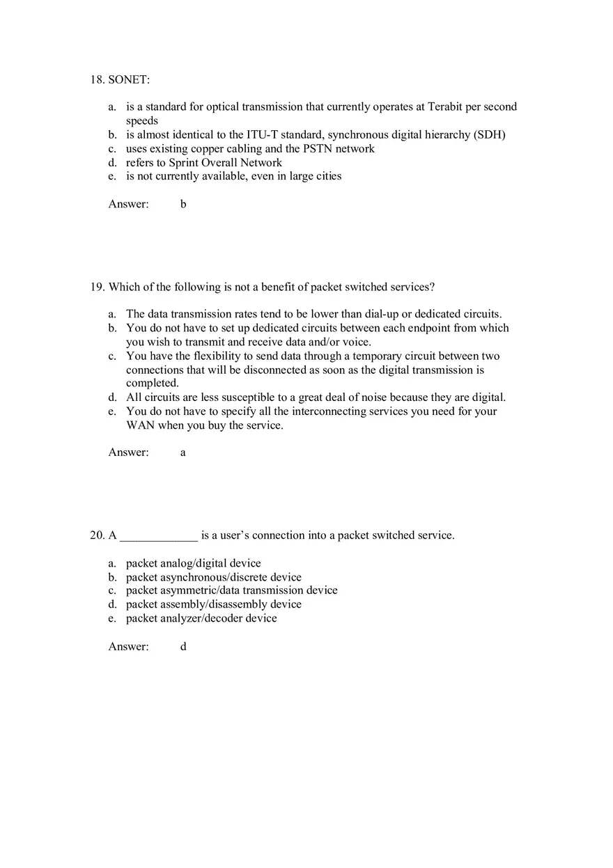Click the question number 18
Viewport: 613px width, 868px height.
click(97, 80)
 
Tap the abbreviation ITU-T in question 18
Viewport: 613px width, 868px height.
click(261, 135)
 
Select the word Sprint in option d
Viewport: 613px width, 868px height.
click(184, 163)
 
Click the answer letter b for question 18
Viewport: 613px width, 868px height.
click(183, 205)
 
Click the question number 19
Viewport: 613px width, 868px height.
click(97, 287)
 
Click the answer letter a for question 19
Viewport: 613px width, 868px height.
click(183, 452)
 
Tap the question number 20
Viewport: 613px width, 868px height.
click(97, 535)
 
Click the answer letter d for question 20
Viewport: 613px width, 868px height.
click(183, 647)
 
